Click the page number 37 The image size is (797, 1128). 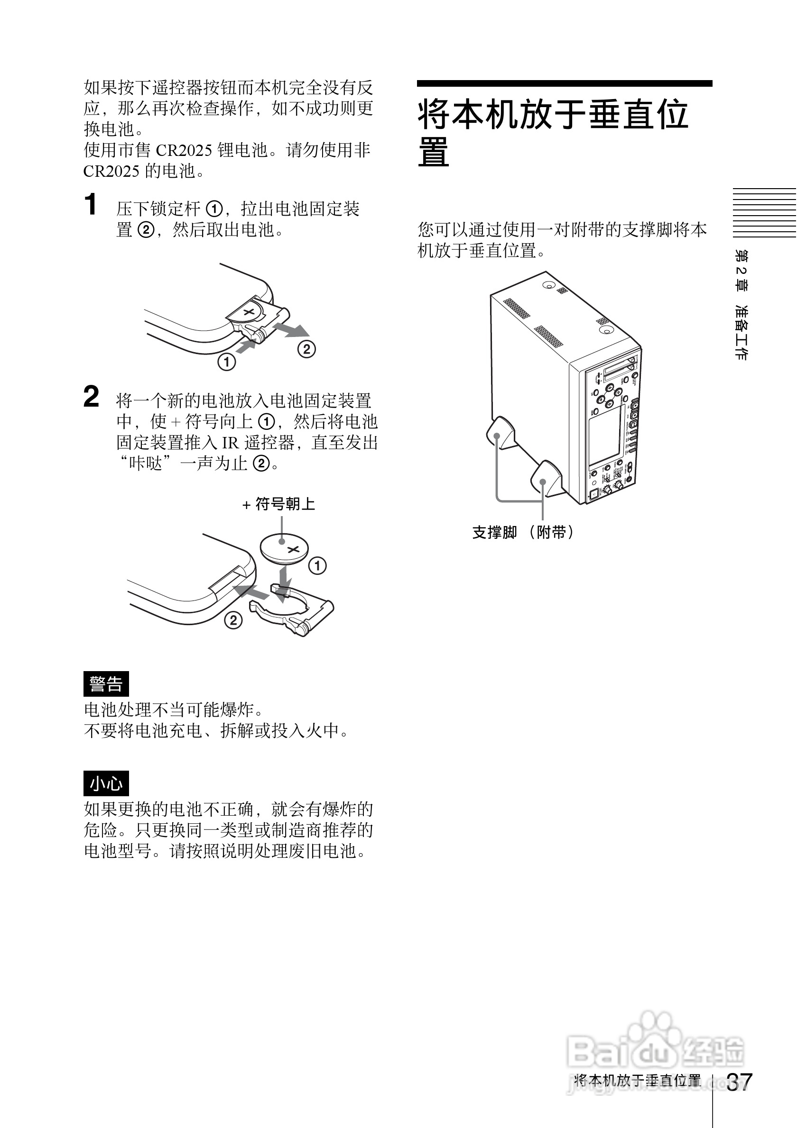[739, 1082]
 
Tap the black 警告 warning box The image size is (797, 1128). [106, 684]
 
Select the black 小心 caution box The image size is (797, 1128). [106, 783]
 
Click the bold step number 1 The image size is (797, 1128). [91, 205]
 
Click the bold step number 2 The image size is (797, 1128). [92, 397]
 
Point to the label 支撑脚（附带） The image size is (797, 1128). [523, 532]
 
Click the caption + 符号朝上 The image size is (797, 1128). [279, 504]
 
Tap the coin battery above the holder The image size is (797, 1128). [284, 548]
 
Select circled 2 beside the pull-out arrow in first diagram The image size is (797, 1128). [306, 349]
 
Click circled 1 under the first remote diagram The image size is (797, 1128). [227, 363]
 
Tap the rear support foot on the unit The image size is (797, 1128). [501, 432]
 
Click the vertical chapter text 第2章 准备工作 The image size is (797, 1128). [741, 305]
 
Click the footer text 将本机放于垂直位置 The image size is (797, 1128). [638, 1080]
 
